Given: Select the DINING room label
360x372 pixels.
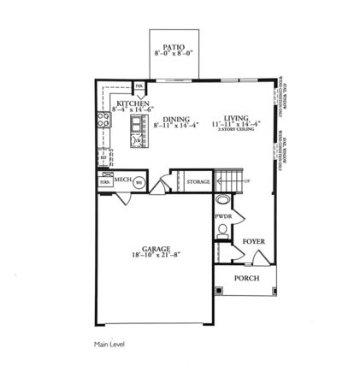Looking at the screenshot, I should point(176,119).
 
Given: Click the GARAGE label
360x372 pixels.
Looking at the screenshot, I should point(156,249).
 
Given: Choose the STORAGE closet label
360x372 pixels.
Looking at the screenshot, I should point(198,181).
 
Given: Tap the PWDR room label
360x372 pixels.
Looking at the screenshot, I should point(224,217).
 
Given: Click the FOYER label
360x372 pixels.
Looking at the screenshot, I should point(254,242).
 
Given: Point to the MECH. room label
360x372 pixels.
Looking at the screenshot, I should point(122,180).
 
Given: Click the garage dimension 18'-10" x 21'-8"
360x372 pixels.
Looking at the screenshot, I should point(156,256).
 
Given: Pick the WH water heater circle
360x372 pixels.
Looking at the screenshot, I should point(139,181).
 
